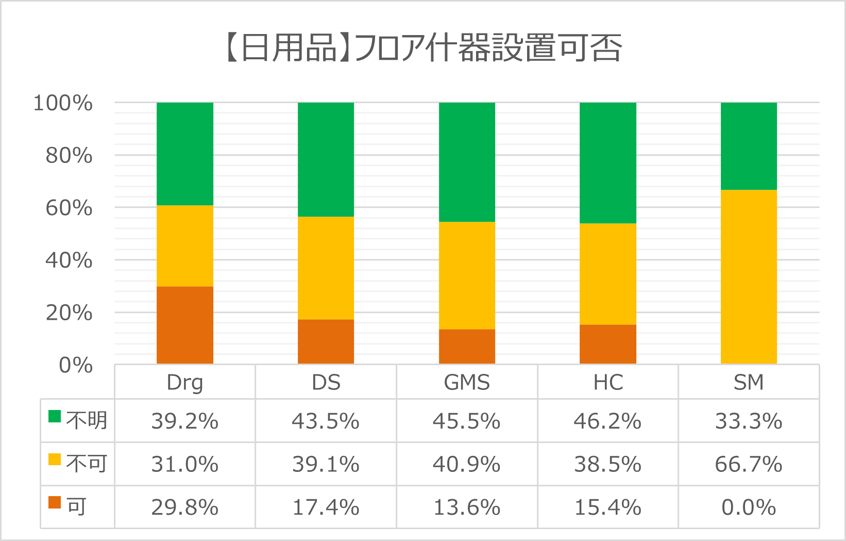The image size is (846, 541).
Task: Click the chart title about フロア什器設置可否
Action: point(424,48)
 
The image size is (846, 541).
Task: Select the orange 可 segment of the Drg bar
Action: point(185,325)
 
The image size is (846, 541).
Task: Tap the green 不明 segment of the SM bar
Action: point(749,146)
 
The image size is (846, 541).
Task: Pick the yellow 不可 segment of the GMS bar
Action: point(467,275)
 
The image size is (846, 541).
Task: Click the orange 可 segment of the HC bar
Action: point(608,344)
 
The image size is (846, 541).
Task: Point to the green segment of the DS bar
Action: point(326,159)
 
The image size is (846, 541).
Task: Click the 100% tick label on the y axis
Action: point(63,103)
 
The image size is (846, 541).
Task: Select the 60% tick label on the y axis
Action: point(69,208)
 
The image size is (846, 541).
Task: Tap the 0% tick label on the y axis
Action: point(76,365)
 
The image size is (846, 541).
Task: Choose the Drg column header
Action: point(185,383)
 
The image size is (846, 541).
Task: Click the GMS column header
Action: point(467,383)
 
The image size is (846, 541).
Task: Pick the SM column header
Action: point(749,383)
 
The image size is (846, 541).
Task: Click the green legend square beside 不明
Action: point(55,416)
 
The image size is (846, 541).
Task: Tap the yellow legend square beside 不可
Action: point(55,459)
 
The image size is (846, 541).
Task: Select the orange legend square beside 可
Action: point(55,502)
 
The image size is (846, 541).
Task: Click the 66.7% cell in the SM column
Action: point(749,464)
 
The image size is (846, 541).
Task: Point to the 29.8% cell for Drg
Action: point(185,507)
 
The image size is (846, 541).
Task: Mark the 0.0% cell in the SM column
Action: point(749,507)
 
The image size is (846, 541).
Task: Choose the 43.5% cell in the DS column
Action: point(326,421)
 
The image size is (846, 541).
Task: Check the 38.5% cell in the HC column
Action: point(608,464)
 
